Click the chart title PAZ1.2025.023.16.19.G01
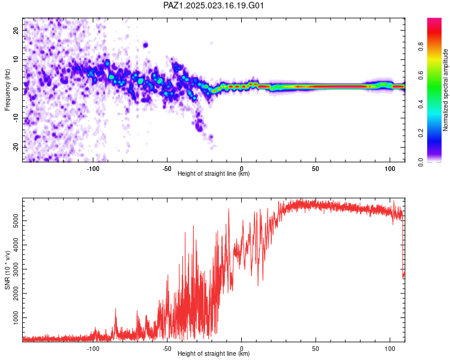click(x=214, y=6)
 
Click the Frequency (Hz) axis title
click(x=7, y=89)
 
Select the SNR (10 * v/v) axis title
click(x=7, y=271)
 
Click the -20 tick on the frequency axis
click(x=16, y=147)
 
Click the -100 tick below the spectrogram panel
click(x=93, y=169)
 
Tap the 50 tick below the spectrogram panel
click(x=316, y=169)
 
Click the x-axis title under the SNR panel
click(x=214, y=354)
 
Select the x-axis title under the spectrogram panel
click(x=214, y=174)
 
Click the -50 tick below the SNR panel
click(x=167, y=349)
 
